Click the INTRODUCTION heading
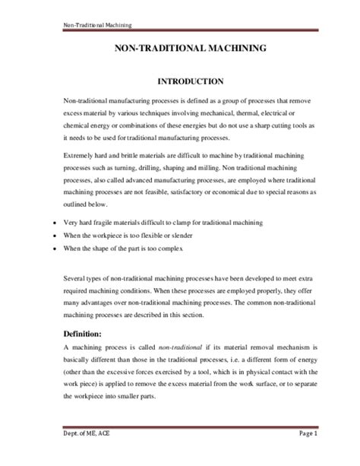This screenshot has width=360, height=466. click(189, 81)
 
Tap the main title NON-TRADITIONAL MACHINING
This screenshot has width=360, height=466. click(190, 48)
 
